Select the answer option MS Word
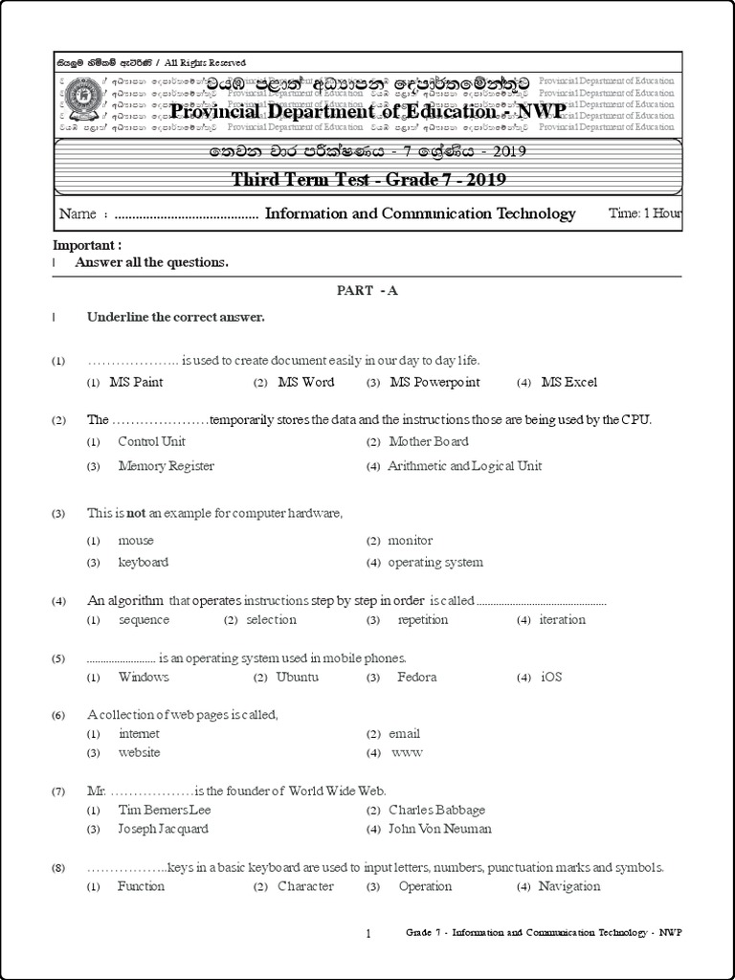point(305,382)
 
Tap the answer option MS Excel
point(568,382)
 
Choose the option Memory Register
point(166,466)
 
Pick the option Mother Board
point(429,441)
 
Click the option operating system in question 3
point(435,562)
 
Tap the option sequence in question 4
point(144,619)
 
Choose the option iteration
point(562,619)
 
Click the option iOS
point(551,677)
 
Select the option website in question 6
point(139,752)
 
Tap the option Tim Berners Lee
point(164,810)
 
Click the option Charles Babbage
point(436,810)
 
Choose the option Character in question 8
point(305,886)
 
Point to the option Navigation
point(569,886)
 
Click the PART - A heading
point(367,291)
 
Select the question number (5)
point(58,658)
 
